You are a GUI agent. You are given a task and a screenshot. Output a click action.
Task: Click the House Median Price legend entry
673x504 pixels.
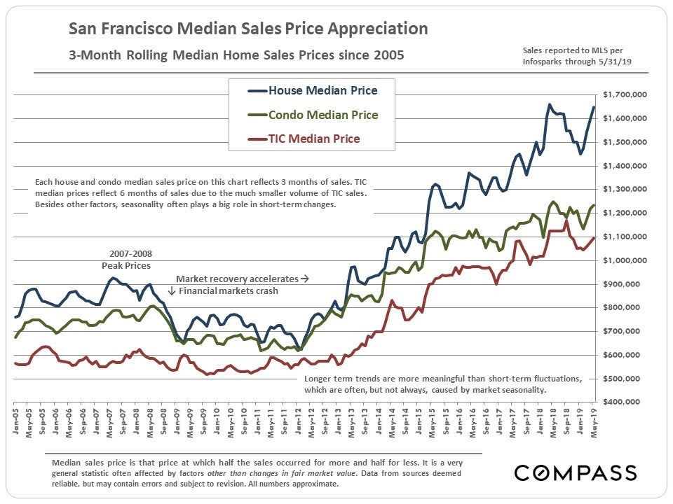313,91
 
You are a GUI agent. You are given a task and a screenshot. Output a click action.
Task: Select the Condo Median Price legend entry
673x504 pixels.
313,115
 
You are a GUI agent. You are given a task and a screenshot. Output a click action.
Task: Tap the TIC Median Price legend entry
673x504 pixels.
313,139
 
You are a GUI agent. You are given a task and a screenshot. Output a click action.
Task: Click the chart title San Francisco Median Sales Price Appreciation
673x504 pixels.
247,29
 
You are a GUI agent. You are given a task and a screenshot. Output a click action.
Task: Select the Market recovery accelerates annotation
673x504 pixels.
242,278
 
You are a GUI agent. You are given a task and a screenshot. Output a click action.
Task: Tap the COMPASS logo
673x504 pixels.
576,472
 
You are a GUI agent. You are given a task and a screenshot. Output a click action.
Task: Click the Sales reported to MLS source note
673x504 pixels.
572,57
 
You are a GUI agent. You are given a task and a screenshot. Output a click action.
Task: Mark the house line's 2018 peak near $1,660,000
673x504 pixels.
549,104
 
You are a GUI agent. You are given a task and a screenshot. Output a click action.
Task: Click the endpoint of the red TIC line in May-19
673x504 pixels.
594,238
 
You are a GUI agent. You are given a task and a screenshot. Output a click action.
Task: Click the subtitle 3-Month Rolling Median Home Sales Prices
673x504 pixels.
236,55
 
